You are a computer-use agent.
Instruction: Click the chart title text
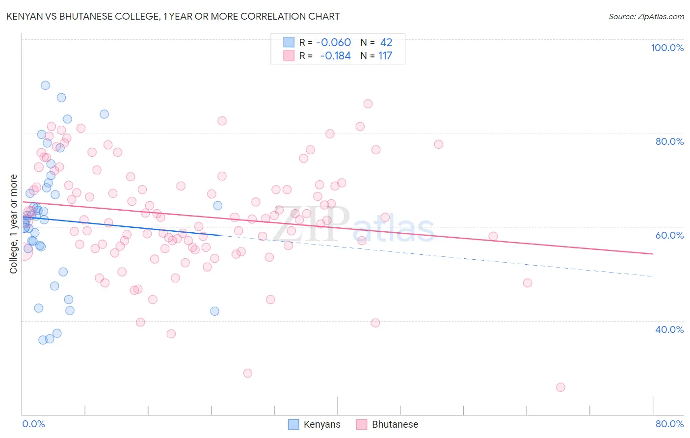173,16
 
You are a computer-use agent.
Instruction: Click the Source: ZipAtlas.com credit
646,16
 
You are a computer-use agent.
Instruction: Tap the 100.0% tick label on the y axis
667,48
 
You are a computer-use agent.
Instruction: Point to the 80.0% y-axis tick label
669,141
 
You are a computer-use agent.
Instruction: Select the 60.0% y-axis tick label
669,235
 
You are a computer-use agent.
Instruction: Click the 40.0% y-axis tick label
669,329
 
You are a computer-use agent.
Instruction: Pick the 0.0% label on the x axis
33,424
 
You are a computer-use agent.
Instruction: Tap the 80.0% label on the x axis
669,424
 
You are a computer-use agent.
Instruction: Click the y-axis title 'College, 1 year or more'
14,224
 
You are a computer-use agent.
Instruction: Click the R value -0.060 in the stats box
334,43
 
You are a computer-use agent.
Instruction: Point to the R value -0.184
335,56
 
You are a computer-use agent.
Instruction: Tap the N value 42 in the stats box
386,43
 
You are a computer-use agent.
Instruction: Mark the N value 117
385,56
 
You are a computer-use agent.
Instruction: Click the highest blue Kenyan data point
45,85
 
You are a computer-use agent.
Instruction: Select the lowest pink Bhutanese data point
560,387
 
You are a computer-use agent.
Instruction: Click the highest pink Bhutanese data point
368,104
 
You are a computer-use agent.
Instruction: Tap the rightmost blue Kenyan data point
217,206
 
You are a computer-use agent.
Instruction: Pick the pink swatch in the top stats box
289,55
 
